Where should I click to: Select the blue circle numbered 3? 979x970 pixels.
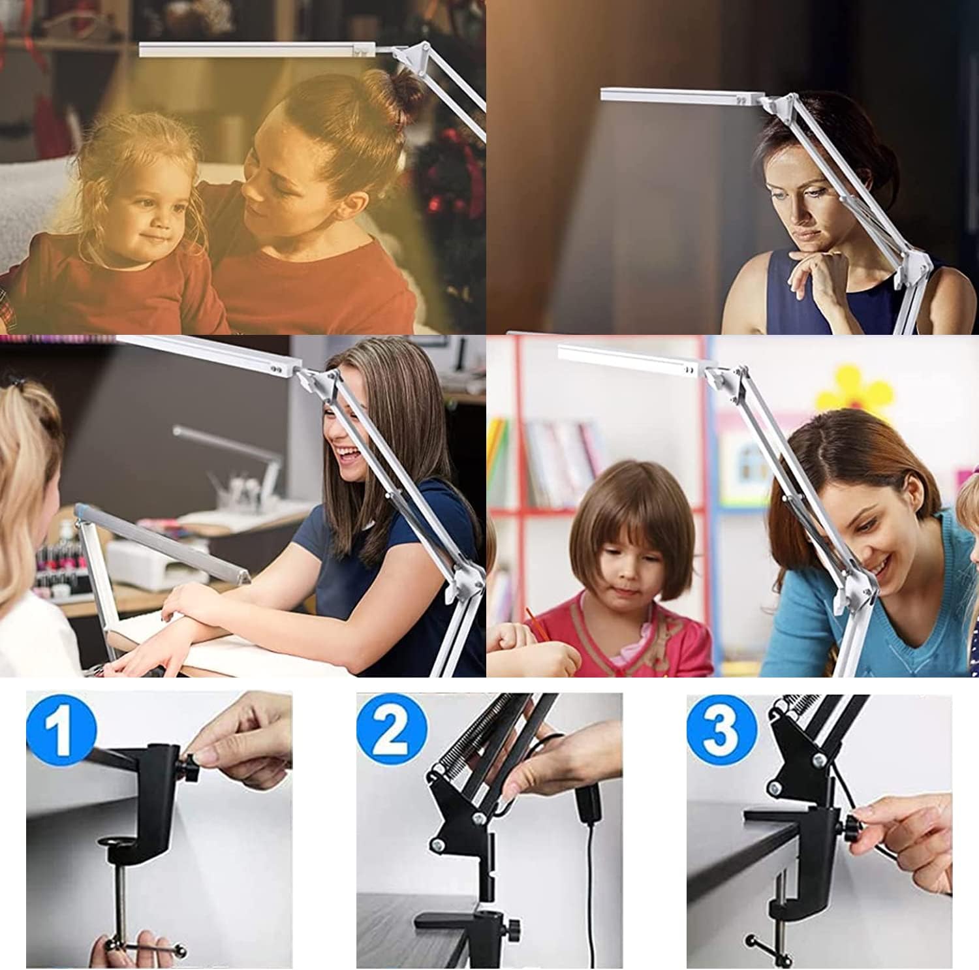coord(721,728)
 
